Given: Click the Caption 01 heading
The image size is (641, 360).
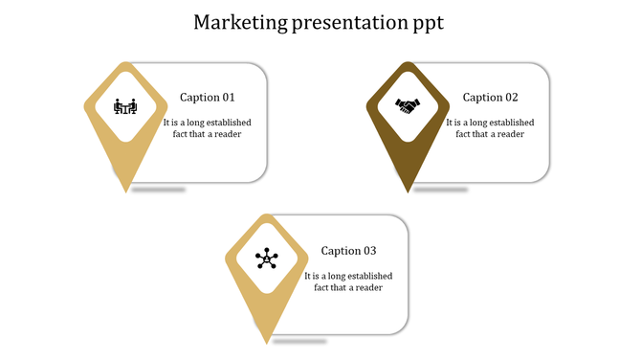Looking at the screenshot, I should coord(207,98).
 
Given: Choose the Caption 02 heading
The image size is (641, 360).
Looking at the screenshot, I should coord(490,98).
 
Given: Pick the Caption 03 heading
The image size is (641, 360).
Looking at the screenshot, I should coord(348,251).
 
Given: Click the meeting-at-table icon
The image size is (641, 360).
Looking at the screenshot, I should coord(125,105).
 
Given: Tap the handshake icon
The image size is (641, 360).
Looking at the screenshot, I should coord(408,105).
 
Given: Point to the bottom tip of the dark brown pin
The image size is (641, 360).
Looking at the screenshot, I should coord(408,191).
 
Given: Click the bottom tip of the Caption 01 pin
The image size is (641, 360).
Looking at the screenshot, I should coord(125,191).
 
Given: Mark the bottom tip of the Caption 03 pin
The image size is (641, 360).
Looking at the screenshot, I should coord(267,343).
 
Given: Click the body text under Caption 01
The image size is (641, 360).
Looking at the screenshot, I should coord(202,128).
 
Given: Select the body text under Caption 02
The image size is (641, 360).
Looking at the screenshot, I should coord(490,128).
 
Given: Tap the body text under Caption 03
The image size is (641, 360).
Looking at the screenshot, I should coord(348,281).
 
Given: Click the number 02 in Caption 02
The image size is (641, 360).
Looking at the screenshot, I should coord(511,98).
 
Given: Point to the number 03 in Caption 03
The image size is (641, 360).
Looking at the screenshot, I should coord(369,251).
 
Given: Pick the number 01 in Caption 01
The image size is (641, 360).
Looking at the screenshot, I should coord(228,98).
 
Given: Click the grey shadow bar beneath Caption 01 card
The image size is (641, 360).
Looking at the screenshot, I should coord(159,190).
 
